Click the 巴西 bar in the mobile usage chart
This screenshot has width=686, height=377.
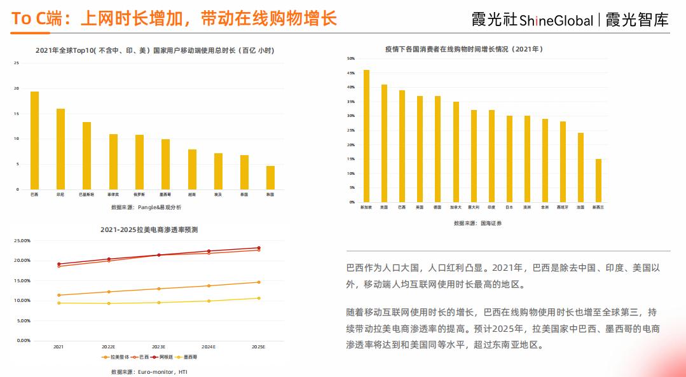34,141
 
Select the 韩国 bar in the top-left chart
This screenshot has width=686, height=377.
270,177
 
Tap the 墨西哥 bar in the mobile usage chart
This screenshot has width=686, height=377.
165,164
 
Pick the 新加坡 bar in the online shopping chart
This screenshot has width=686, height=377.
366,136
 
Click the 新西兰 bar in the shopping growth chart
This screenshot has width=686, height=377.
598,181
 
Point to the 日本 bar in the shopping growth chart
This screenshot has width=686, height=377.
509,159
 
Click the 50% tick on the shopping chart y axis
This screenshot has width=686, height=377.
350,58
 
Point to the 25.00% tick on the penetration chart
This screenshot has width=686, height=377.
22,241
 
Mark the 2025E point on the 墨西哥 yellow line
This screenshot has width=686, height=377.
258,298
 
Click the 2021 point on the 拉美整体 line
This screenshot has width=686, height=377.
58,295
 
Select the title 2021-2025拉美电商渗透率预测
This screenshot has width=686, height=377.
149,230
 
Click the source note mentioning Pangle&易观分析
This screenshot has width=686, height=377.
146,207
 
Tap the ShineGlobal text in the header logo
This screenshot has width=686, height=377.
556,21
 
